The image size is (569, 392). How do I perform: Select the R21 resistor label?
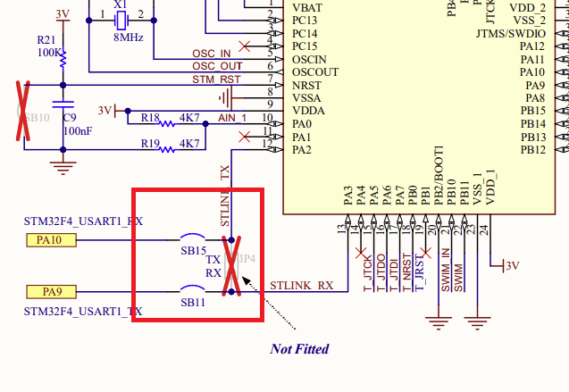47,40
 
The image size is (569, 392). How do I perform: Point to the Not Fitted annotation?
299,348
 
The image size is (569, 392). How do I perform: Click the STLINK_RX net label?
302,286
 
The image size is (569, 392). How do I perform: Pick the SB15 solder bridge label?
194,252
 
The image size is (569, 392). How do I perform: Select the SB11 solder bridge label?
194,304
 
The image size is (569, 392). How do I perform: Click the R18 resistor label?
151,117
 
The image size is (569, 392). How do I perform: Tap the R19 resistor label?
151,144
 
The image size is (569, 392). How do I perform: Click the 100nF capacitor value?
76,131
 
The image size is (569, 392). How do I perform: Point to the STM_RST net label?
217,79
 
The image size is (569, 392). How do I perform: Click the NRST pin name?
307,85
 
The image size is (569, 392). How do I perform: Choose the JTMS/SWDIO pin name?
517,33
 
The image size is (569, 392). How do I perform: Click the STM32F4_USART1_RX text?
83,220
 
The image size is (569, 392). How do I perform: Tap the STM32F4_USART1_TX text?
83,312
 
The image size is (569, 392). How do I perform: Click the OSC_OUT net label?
217,66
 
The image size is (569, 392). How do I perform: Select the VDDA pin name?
308,111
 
